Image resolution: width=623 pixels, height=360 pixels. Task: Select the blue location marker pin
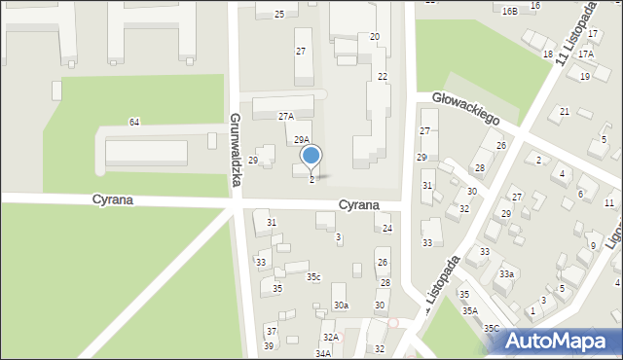click(311, 156)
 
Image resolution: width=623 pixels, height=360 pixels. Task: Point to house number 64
click(134, 122)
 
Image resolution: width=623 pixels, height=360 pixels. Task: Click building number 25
click(279, 14)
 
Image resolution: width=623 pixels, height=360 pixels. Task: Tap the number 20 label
click(375, 36)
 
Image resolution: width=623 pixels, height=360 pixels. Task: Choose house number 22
click(383, 76)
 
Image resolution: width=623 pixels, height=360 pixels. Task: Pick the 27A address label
click(286, 116)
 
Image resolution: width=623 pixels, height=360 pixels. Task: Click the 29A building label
click(302, 140)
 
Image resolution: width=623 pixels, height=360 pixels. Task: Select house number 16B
click(510, 11)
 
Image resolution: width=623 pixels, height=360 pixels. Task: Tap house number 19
click(585, 76)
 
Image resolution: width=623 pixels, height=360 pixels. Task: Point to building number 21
click(565, 112)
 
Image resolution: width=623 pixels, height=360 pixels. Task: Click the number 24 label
click(386, 229)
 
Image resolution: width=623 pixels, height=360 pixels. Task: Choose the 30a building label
click(341, 306)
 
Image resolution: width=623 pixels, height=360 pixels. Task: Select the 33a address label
click(506, 274)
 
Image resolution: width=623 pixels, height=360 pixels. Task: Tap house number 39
click(269, 346)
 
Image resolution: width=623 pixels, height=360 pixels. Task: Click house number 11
click(608, 202)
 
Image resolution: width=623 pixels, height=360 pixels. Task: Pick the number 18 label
click(548, 54)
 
